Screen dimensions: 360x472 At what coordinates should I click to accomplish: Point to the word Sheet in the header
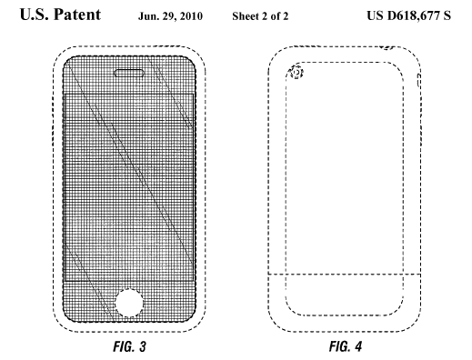coord(236,16)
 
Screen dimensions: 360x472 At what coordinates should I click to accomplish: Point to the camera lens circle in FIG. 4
coord(296,73)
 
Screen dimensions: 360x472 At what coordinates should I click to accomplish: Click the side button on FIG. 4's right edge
coord(419,85)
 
